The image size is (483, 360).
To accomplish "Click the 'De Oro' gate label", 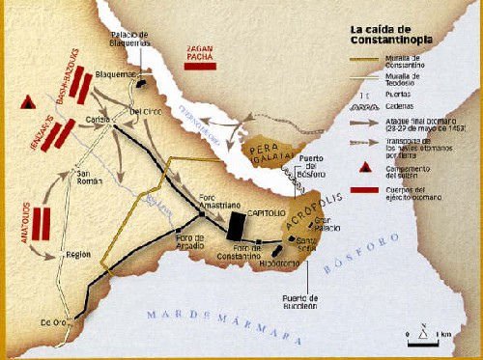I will click(x=52, y=321).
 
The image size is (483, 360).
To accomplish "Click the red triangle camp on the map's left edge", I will click(x=27, y=100).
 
